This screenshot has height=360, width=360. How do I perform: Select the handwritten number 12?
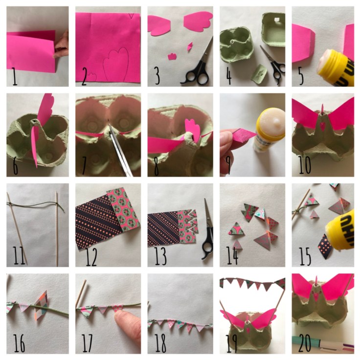[90, 255]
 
